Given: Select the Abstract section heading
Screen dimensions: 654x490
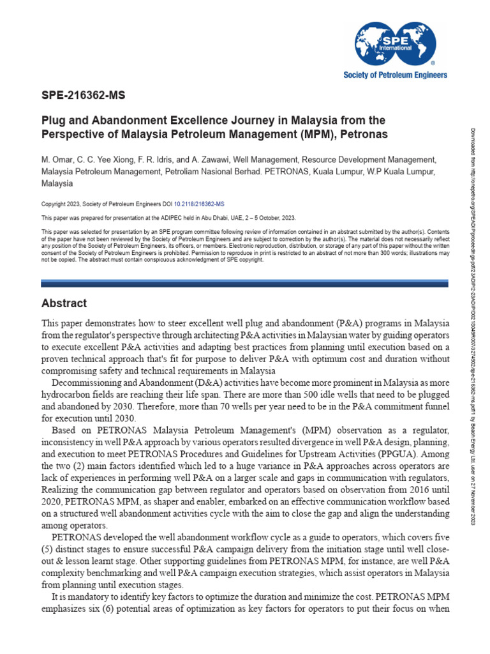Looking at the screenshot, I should click(x=64, y=303).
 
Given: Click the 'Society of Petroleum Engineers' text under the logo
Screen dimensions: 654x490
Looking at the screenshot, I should click(x=395, y=75).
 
